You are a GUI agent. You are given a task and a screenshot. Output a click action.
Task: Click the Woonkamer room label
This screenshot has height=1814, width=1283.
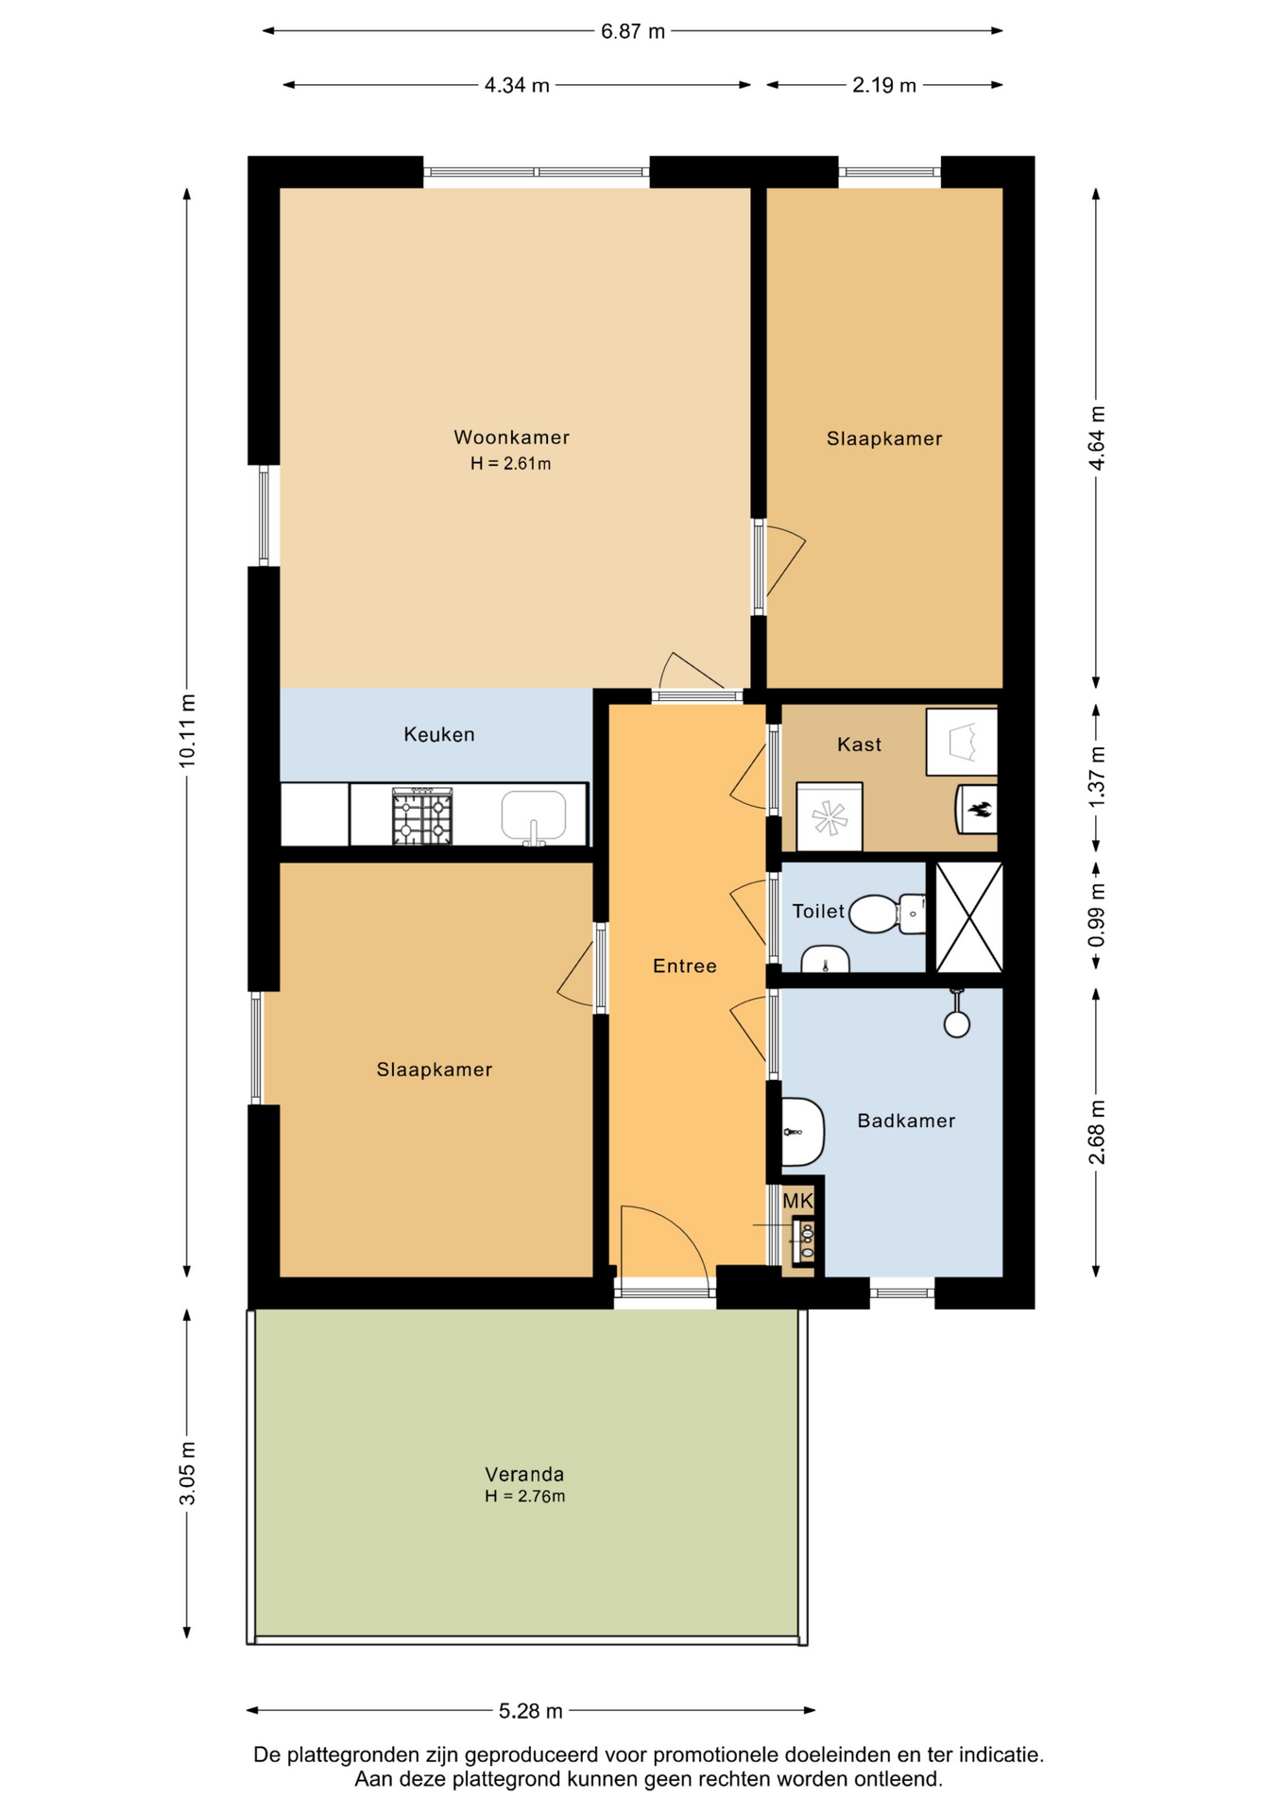tap(511, 437)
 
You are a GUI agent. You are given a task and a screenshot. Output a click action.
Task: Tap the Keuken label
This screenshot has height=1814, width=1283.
tap(439, 734)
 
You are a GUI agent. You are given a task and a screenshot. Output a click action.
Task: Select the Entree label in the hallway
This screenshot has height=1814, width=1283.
tap(685, 966)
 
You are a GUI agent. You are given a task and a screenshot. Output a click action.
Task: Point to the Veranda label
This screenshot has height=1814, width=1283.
tap(524, 1474)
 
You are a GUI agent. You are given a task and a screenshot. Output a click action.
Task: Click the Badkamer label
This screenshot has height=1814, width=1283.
tap(906, 1121)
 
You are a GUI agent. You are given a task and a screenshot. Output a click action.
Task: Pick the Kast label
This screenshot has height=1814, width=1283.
tap(859, 744)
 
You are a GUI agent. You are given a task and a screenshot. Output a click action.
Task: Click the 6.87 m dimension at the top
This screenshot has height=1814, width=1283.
tap(633, 31)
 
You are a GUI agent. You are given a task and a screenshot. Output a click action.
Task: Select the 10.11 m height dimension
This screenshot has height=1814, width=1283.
tap(188, 730)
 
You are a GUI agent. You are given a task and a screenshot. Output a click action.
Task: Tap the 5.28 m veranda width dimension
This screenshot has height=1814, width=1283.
tap(531, 1711)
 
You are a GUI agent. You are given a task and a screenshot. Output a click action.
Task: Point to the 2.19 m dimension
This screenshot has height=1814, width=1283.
tap(884, 85)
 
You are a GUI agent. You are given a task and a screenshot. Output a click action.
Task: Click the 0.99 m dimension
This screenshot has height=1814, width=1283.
tap(1096, 916)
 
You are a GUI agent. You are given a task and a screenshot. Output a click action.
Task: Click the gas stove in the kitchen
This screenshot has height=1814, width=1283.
tap(422, 816)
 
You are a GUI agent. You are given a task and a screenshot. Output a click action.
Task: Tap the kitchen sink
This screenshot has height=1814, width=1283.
tap(534, 816)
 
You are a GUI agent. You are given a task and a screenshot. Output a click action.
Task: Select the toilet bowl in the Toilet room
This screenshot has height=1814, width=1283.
tap(886, 914)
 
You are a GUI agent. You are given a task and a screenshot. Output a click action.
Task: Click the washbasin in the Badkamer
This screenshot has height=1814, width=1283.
tap(803, 1131)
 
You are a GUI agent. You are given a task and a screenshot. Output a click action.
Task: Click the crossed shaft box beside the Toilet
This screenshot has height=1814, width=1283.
tap(968, 916)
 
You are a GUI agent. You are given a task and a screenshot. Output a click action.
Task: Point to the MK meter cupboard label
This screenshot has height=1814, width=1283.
tap(798, 1201)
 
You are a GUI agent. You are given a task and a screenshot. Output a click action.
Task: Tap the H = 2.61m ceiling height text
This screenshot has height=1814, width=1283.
tap(510, 464)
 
